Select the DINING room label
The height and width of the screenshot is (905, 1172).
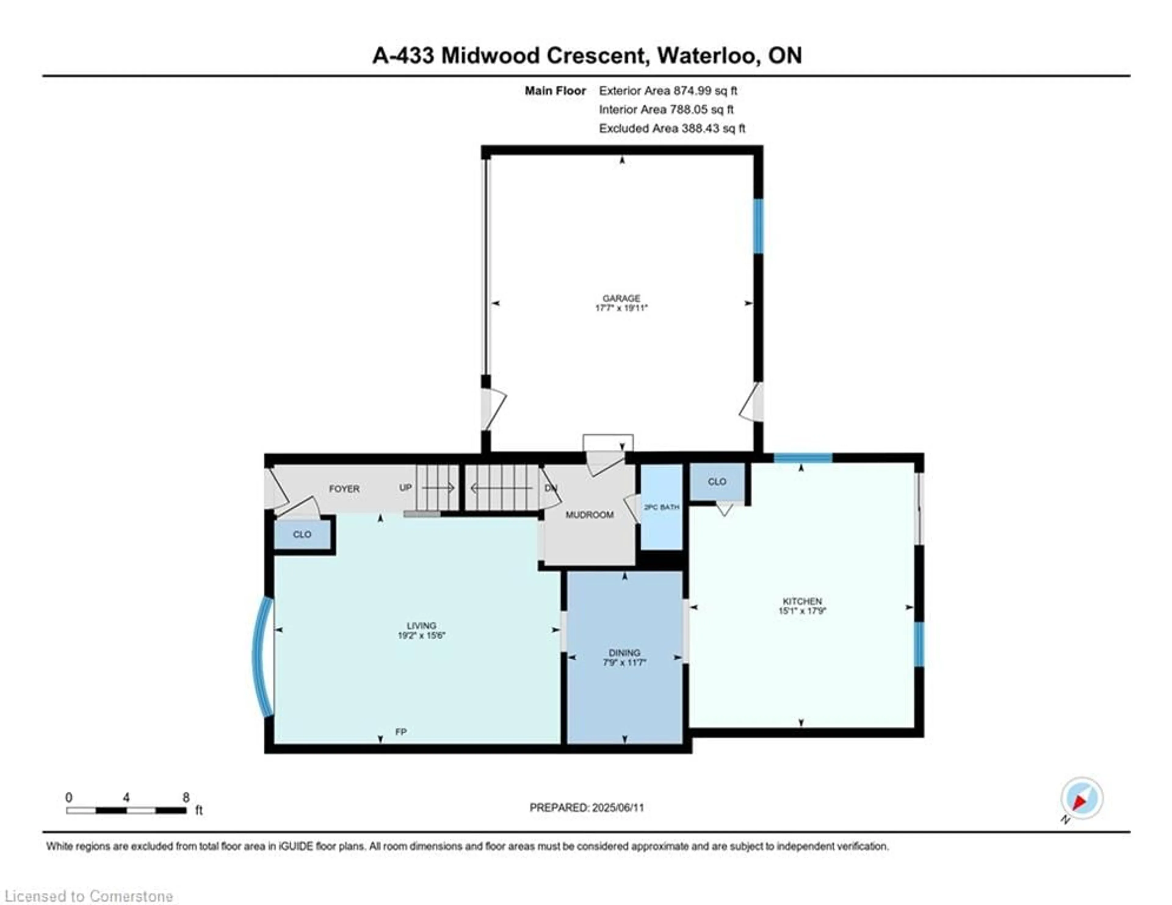pos(624,653)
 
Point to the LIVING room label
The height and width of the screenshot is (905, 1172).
pos(421,625)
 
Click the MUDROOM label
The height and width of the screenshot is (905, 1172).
pos(589,515)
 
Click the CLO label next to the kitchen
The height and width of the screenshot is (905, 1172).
pos(717,482)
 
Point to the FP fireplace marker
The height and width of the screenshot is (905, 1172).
pos(400,732)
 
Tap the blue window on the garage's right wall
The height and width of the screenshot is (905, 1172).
pos(758,226)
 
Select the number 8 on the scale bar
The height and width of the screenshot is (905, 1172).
pos(186,797)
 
